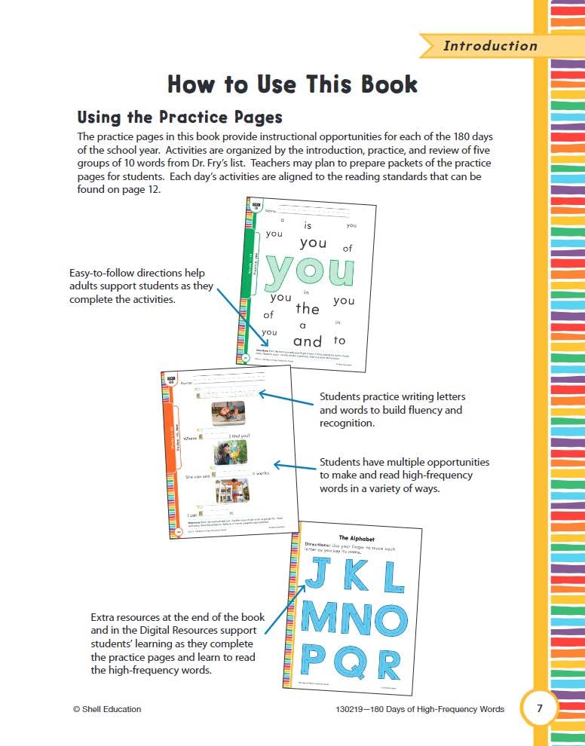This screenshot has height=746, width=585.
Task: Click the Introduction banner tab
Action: [489, 46]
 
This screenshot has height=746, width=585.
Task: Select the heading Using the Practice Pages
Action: [179, 118]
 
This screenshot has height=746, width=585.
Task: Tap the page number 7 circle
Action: [539, 708]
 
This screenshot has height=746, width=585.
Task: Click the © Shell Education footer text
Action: [107, 709]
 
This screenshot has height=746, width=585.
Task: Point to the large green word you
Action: [310, 270]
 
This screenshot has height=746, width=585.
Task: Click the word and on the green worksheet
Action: [307, 341]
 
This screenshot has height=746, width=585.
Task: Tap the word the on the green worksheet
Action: [308, 308]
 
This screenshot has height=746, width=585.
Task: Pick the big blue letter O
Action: [386, 620]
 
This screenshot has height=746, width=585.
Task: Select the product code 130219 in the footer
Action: [353, 709]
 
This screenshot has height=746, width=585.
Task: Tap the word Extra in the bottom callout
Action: [103, 616]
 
